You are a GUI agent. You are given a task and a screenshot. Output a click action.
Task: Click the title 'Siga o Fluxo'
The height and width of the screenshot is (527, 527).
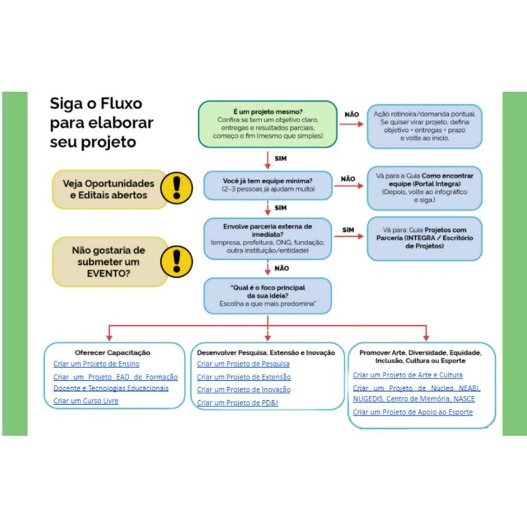[x=95, y=104]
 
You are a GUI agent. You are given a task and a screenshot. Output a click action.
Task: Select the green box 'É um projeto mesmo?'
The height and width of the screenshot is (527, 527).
[x=268, y=124]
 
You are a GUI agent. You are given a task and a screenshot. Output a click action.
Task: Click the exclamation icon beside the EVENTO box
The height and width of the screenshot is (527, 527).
[x=176, y=261]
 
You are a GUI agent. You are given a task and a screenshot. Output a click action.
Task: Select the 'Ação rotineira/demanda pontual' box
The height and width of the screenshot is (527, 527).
[x=424, y=126]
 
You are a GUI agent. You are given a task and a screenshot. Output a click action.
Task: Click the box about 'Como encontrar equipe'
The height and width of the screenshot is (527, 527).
[x=424, y=187]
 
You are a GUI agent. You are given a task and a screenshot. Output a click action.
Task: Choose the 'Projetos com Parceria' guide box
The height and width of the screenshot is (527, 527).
[x=424, y=238]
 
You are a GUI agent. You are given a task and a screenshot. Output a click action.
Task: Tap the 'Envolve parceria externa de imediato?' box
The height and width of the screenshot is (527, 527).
[x=268, y=238]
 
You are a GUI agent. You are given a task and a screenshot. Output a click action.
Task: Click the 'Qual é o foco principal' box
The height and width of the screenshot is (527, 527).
[x=268, y=295]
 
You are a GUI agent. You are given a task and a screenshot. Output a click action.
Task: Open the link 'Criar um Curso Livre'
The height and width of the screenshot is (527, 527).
[x=86, y=401]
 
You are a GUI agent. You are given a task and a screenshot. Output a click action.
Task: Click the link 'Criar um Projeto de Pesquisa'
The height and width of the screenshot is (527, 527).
[x=243, y=364]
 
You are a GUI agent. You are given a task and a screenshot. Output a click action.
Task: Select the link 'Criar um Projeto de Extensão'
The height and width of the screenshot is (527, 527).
[x=244, y=377]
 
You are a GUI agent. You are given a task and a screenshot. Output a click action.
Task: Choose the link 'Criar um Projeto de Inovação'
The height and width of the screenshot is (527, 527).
[x=244, y=390]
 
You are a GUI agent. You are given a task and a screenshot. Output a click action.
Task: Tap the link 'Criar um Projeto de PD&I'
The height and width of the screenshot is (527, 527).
[x=237, y=403]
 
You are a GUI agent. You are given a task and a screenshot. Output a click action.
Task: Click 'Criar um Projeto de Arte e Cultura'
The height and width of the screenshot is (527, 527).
[x=408, y=375]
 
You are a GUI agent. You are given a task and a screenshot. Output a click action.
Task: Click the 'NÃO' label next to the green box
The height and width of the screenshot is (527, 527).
[x=351, y=115]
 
